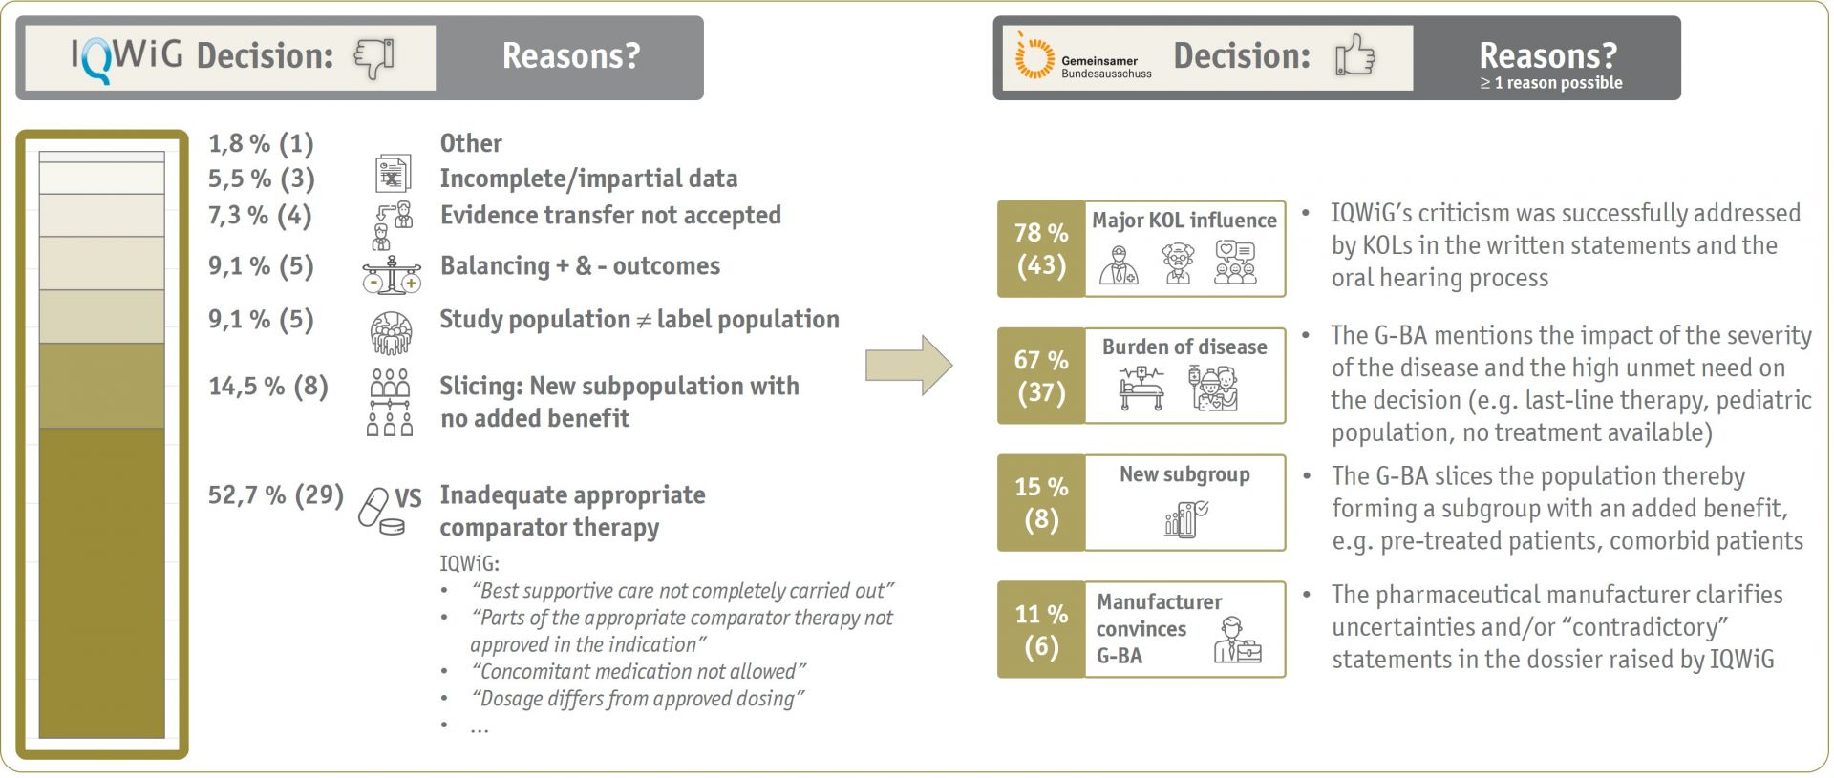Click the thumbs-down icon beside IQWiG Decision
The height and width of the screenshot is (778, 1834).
[374, 57]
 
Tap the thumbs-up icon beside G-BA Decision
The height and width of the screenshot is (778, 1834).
[1354, 55]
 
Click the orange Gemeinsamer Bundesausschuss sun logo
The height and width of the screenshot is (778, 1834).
[1034, 57]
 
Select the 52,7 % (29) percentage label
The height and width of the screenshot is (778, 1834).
[275, 494]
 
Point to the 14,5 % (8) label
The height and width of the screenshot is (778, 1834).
[267, 387]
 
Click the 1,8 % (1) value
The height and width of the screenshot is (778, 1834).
[261, 143]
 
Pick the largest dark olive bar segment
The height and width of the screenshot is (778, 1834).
[101, 582]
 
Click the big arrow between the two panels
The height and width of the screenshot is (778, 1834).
[908, 365]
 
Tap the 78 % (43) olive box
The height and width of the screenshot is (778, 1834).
[1041, 248]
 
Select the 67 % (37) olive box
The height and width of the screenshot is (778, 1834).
[1041, 375]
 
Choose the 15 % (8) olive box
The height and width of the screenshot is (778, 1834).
[1041, 502]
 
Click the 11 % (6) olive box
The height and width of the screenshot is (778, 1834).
[1041, 629]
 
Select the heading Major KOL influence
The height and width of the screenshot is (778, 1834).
[1184, 220]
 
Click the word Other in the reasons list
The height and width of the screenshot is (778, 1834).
[471, 143]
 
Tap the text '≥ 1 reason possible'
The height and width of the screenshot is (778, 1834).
[1550, 83]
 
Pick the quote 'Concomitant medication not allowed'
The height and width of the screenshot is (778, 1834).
[638, 671]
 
